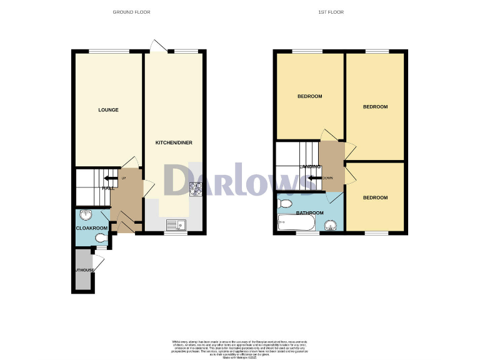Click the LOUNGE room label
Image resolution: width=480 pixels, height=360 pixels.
pos(108,110)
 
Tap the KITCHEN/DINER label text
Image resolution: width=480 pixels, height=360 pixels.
pos(174,143)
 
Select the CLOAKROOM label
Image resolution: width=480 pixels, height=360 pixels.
pos(92,229)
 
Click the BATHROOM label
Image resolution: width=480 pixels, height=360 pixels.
pos(310,213)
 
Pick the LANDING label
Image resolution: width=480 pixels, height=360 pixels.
pos(310,167)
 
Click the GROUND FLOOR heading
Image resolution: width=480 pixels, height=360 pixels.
pos(131,12)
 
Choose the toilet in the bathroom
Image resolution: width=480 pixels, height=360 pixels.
pos(286,204)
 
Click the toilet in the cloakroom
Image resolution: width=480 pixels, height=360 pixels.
pos(101,238)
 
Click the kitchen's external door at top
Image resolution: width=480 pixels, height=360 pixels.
pos(157,46)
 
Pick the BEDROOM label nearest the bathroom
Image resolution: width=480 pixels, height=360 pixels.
pos(375,197)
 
